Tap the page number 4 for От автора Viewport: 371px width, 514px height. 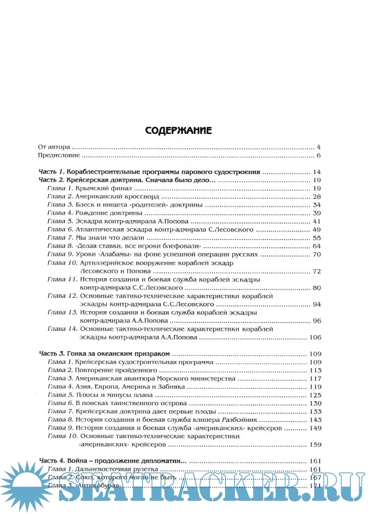pyautogui.click(x=319, y=147)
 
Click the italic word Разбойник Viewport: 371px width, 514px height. pyautogui.click(x=240, y=420)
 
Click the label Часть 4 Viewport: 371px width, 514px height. pyautogui.click(x=52, y=461)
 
